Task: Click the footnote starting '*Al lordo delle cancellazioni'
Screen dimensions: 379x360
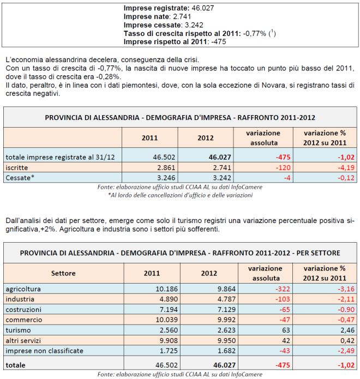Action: click(180, 195)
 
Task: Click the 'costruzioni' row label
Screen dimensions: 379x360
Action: click(23, 309)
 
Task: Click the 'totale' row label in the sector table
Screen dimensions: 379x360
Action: click(16, 364)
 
